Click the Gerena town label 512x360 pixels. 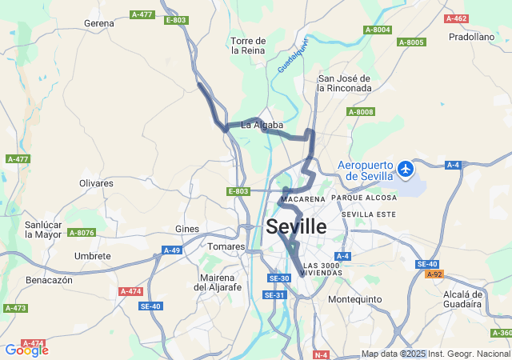[99, 23]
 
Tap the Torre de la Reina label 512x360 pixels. [248, 45]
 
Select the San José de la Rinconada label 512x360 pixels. [345, 83]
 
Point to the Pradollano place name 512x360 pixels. [471, 36]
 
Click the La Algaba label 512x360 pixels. [262, 125]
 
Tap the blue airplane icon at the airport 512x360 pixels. [406, 169]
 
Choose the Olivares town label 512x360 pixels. [96, 183]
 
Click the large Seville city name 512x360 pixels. [296, 226]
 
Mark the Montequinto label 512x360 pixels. [354, 299]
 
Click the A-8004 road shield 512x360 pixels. [378, 30]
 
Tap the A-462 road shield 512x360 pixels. [456, 18]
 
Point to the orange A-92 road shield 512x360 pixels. [434, 274]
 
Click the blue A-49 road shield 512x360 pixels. [172, 250]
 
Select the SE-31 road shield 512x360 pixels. [275, 295]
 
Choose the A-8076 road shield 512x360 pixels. [81, 233]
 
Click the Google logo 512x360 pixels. [26, 350]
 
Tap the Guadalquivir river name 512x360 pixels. [293, 56]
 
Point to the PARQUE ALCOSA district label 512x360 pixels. [364, 198]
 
